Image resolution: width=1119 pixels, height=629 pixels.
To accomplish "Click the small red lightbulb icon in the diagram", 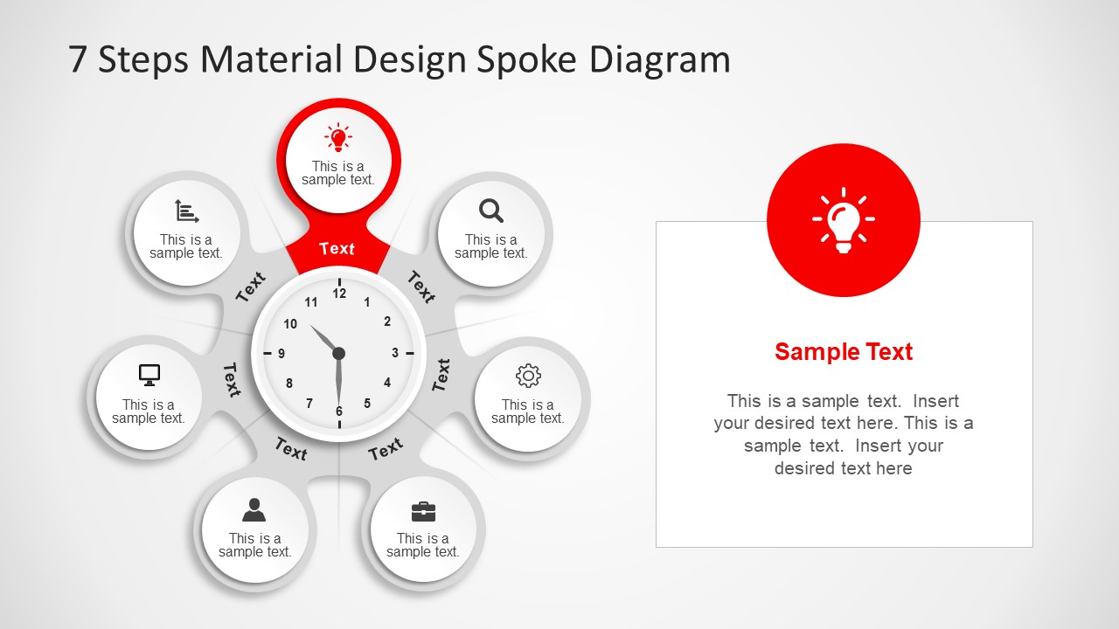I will (x=338, y=138).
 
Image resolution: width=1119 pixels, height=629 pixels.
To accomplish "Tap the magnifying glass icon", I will (x=491, y=211).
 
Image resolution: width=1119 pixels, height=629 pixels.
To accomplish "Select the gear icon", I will (x=528, y=376).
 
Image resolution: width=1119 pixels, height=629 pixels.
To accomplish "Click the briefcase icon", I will (x=423, y=512).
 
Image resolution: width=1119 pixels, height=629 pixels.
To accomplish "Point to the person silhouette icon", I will (x=254, y=509).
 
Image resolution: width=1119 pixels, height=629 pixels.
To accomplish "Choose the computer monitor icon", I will (x=149, y=375).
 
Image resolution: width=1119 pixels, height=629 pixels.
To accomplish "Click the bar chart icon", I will (x=186, y=211).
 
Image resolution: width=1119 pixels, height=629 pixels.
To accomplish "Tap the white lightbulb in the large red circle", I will (x=843, y=220).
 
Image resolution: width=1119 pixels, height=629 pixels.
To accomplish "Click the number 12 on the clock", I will (x=339, y=294).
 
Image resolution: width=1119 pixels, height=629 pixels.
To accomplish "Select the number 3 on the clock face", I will (x=395, y=353).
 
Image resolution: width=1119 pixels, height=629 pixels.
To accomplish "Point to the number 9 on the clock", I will (x=281, y=354).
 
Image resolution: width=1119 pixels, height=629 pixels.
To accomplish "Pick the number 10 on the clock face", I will (x=290, y=324).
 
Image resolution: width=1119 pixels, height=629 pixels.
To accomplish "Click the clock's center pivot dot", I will (x=339, y=353).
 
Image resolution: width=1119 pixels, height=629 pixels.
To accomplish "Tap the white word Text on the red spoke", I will (x=337, y=249).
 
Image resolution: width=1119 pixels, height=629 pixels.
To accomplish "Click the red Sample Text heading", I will (x=844, y=352).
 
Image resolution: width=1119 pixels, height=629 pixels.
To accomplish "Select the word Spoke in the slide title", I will (x=526, y=59).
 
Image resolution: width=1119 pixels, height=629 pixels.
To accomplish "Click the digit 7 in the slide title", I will (x=78, y=60).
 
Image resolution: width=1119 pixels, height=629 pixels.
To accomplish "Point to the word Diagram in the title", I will (x=660, y=59).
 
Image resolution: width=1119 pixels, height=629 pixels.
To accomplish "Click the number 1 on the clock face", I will (x=367, y=303).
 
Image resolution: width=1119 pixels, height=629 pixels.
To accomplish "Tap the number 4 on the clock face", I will (x=387, y=383).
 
